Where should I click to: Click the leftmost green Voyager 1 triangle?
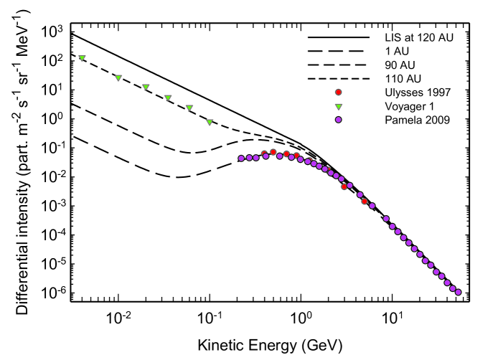click(x=83, y=58)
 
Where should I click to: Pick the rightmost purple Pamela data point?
click(x=458, y=292)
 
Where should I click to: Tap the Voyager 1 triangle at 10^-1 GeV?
click(x=210, y=122)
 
